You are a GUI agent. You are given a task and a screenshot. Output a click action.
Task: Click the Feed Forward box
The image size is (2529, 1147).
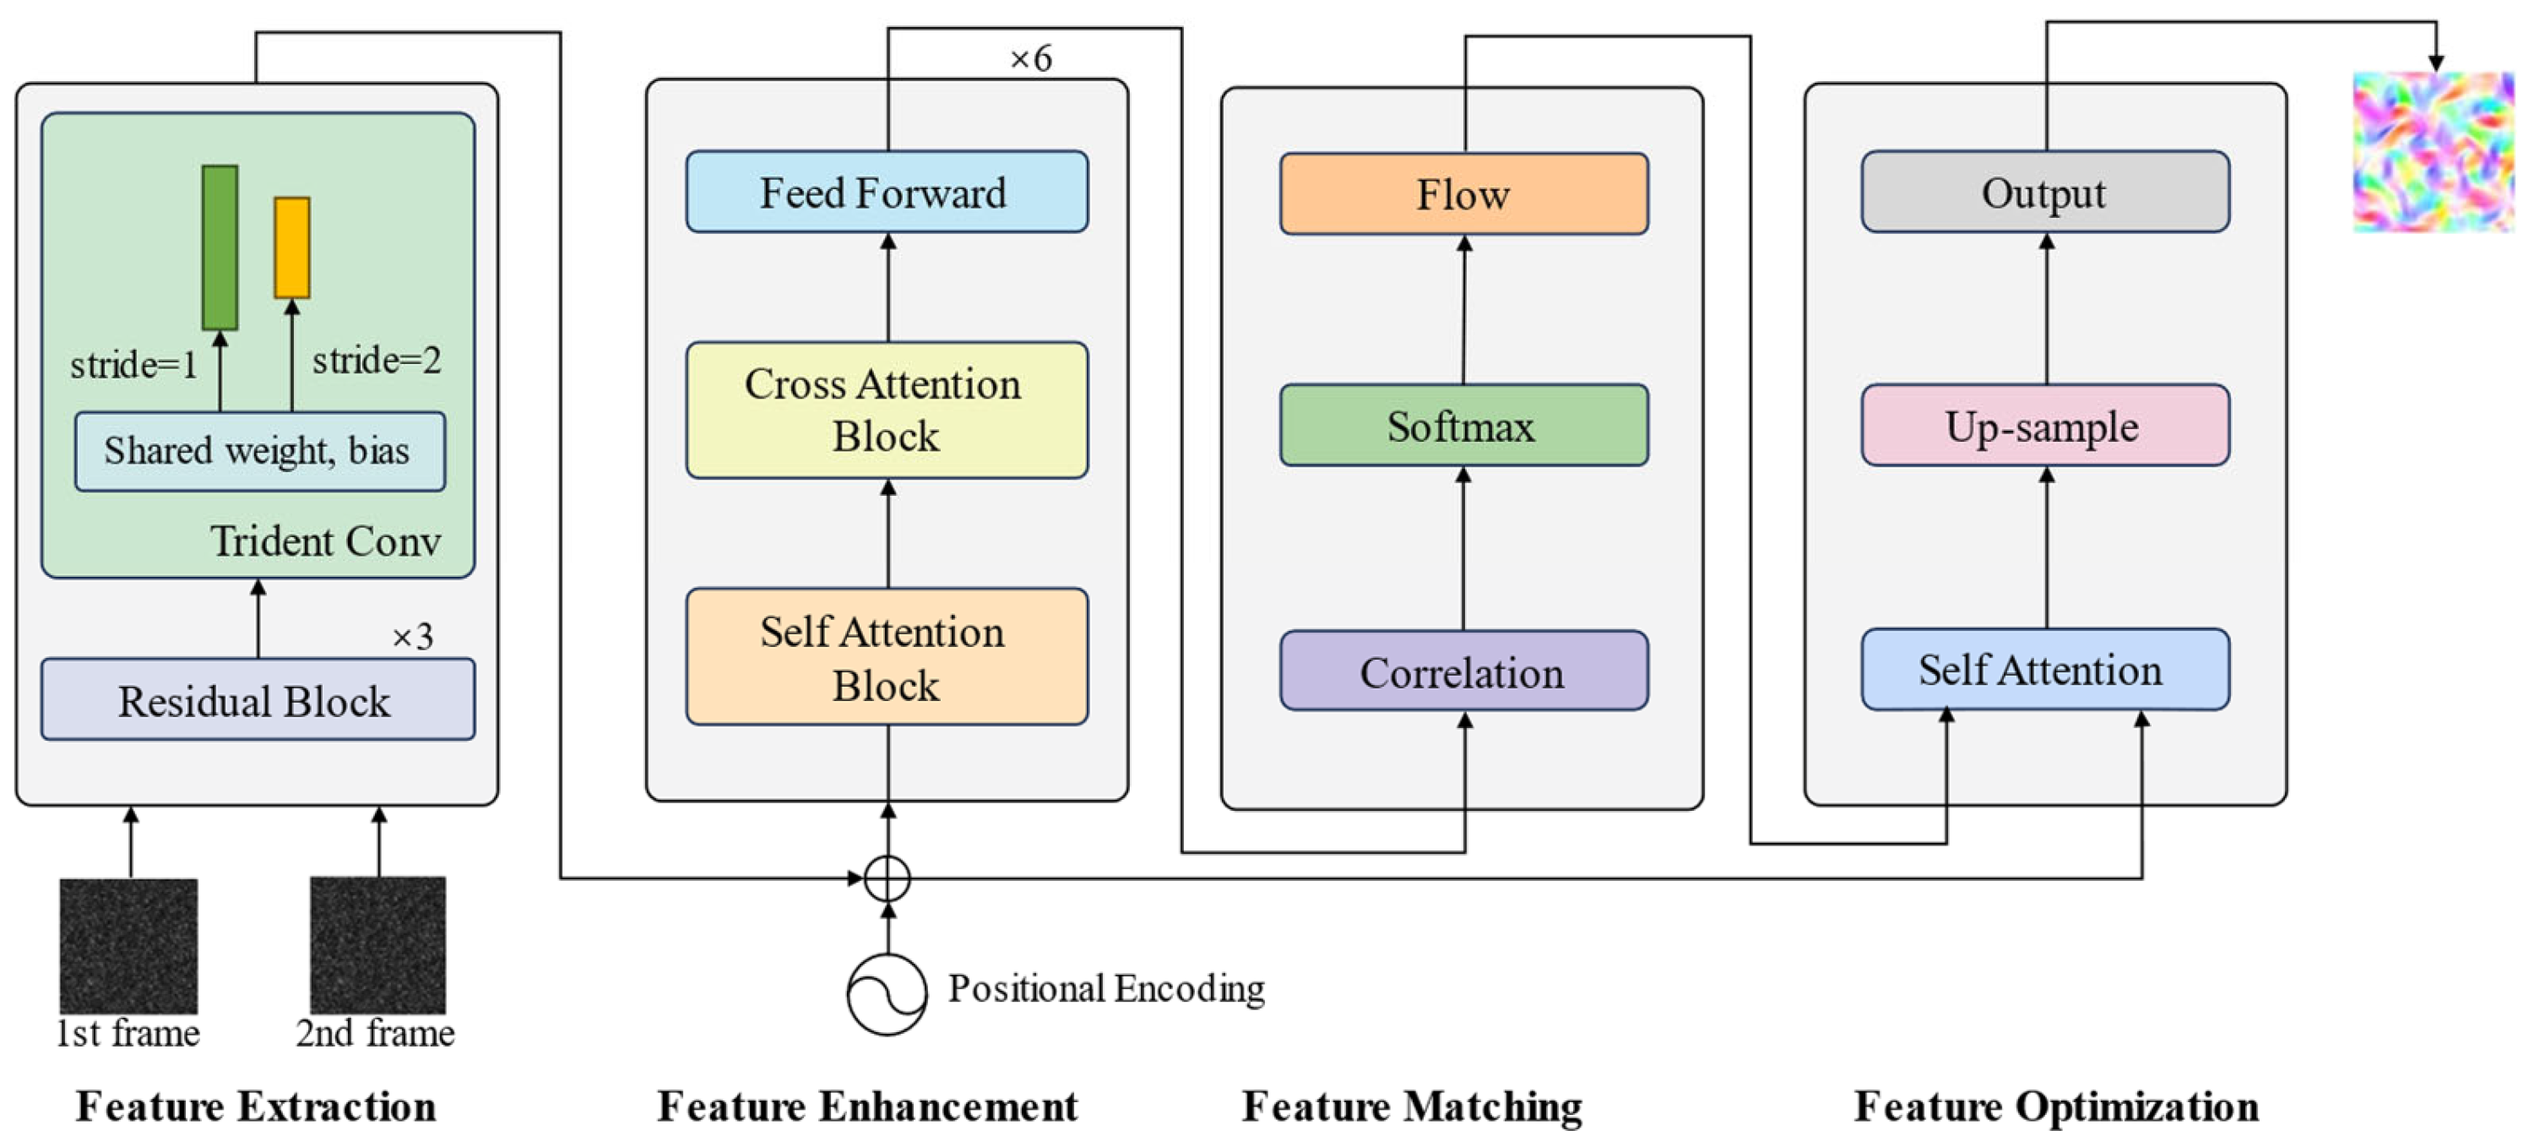887,192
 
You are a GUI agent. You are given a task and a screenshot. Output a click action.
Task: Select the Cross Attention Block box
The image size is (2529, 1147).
887,410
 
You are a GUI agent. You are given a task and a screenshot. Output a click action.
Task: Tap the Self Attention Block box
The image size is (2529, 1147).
887,657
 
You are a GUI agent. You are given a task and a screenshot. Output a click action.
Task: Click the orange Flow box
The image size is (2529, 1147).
1463,193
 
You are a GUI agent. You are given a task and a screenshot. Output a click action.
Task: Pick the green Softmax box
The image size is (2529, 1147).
1463,425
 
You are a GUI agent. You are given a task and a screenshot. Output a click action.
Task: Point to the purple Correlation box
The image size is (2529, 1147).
1463,671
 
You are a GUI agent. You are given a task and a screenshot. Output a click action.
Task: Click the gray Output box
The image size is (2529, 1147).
2044,192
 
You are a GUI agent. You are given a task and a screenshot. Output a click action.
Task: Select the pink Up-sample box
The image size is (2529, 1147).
2044,425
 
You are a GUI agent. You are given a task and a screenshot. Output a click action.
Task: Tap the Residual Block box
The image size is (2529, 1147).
258,700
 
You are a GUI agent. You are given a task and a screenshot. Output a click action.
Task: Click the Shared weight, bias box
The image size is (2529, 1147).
259,451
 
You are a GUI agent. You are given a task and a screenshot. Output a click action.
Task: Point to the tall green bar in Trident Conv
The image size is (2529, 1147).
220,247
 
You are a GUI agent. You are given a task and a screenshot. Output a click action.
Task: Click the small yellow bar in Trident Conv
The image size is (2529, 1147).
291,247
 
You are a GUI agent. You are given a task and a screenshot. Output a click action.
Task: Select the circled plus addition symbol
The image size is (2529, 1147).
887,878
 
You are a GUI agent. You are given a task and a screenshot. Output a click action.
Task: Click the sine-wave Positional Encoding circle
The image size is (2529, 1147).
887,994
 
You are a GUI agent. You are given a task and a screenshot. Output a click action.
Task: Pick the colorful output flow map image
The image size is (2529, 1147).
2433,152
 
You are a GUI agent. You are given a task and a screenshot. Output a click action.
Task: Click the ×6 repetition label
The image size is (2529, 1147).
1031,59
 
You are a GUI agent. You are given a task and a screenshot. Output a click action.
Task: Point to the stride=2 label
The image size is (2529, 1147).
376,361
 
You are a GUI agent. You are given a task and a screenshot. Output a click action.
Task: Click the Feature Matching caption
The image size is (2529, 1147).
1412,1106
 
